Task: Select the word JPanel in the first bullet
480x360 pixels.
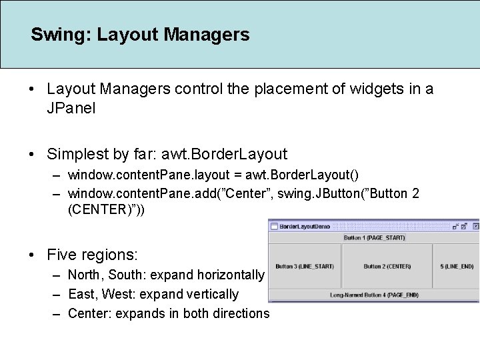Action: [x=71, y=107]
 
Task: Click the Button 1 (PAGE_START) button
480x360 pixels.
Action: [x=373, y=237]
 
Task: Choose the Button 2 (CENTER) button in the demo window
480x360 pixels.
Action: [x=387, y=266]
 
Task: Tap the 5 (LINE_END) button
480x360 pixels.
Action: [x=456, y=266]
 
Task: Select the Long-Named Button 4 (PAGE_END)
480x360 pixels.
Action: [x=374, y=295]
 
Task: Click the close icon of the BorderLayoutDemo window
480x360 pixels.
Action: [x=475, y=226]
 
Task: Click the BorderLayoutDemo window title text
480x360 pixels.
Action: [x=304, y=227]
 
